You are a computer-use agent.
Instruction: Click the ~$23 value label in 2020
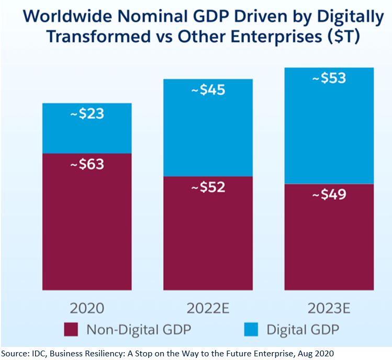click(87, 114)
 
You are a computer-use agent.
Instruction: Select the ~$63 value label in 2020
click(87, 164)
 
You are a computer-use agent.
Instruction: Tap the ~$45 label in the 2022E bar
click(208, 90)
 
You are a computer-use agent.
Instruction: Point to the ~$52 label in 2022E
click(208, 187)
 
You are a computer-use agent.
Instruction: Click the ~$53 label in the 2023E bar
click(329, 78)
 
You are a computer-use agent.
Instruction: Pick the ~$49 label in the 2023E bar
click(329, 195)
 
